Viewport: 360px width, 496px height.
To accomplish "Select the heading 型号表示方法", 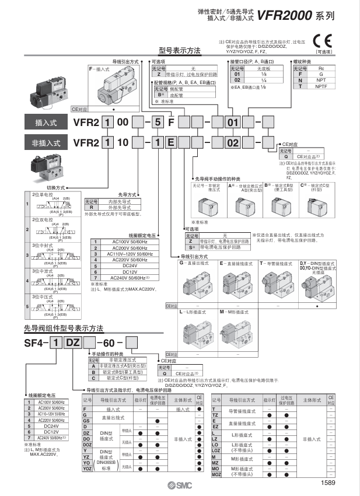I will click(179, 51).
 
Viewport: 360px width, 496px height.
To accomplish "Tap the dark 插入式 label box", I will click(44, 123).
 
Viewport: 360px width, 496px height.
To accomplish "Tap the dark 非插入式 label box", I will click(44, 142).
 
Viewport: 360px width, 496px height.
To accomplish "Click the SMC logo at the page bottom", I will click(179, 484).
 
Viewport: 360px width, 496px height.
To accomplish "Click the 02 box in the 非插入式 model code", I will click(233, 142).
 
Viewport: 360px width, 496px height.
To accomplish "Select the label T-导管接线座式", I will click(277, 263).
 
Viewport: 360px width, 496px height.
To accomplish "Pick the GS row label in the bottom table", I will click(86, 420).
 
